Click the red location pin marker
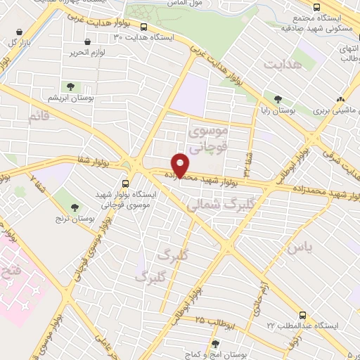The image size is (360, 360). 181,165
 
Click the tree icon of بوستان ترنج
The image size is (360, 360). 75,206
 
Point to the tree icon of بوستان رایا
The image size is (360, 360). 279,99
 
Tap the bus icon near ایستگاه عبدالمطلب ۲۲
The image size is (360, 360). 303,315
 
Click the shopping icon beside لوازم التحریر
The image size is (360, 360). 87,42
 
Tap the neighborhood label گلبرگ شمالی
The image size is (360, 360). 215,205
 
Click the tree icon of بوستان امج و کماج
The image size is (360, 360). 215,343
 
